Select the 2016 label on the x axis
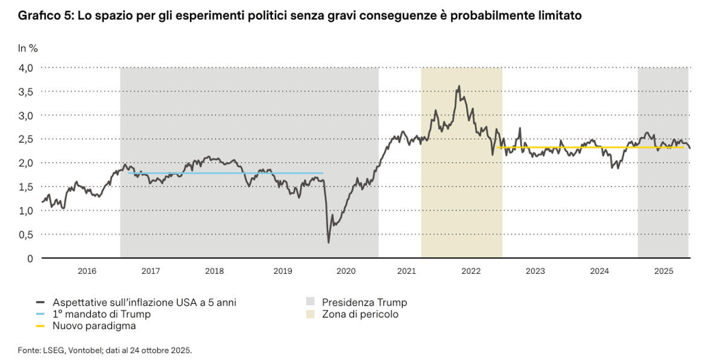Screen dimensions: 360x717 coord(87,271)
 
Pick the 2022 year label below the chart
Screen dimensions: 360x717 coord(470,271)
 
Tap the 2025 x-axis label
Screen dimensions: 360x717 coord(663,271)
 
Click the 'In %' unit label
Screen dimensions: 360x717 coord(28,48)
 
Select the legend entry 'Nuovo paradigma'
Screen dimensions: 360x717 coord(94,326)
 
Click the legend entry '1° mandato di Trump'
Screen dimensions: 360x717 coord(101,314)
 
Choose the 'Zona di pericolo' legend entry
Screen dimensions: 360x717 coord(360,314)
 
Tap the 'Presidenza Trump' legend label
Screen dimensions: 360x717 coord(364,302)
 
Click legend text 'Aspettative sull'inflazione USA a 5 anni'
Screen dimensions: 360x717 coord(144,302)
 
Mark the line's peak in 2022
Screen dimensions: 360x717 coord(460,86)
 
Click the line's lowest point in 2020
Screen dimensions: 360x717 coord(329,242)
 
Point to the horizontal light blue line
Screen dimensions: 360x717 coord(223,174)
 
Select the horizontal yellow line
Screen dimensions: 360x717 coord(591,147)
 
